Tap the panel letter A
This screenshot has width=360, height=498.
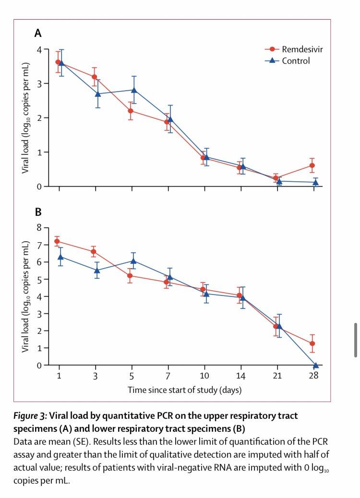pos(37,33)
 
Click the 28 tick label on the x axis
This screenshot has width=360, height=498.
pos(313,375)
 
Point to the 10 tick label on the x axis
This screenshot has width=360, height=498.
pos(204,375)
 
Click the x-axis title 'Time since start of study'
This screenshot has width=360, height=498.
pos(184,390)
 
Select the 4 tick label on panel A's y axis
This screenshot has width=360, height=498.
pos(40,49)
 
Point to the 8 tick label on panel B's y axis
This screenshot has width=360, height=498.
pos(40,228)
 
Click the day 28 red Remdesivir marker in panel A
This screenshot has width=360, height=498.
pos(312,166)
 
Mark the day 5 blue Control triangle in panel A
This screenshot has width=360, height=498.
pos(134,90)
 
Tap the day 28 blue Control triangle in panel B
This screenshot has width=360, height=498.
pos(315,365)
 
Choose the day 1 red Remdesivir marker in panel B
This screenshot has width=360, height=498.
pos(57,241)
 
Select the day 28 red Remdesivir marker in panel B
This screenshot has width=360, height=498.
pos(312,344)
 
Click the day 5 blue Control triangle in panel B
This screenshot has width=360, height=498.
pos(134,261)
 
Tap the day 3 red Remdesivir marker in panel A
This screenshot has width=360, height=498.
pos(94,77)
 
